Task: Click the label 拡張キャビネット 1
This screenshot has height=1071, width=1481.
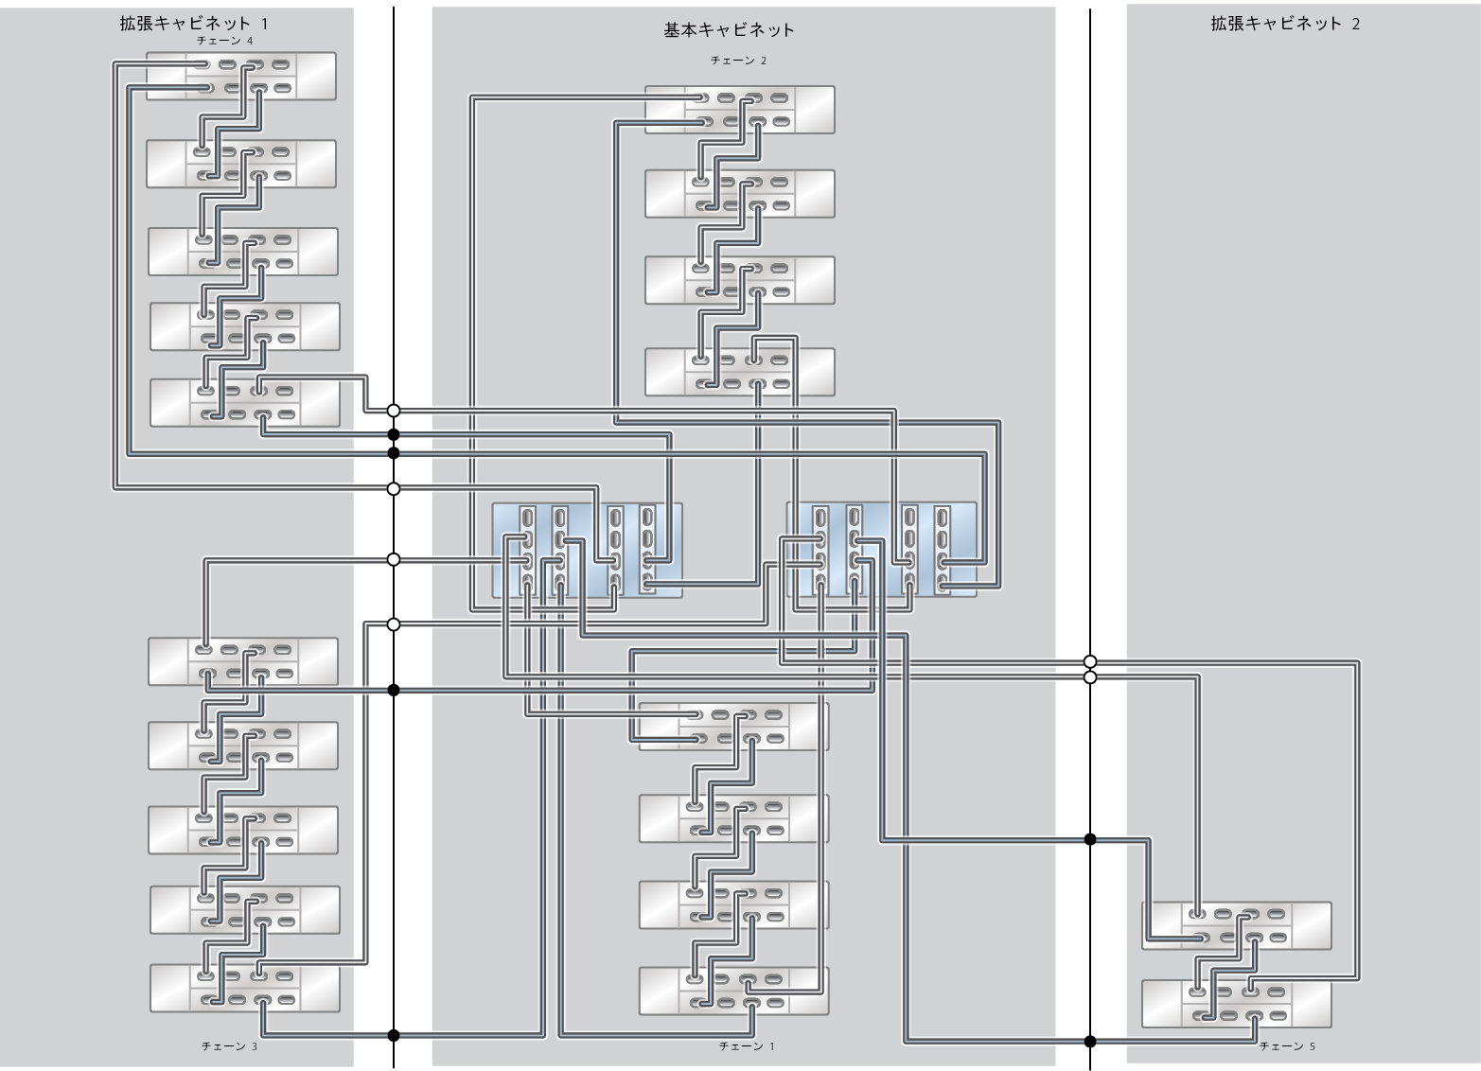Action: point(187,24)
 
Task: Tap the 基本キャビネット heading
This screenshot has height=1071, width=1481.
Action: point(729,30)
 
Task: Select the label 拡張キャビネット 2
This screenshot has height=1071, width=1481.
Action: point(1285,24)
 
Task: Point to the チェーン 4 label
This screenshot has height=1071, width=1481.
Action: point(224,42)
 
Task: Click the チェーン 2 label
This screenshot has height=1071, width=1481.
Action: point(738,61)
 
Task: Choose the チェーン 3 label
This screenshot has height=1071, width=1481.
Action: point(229,1046)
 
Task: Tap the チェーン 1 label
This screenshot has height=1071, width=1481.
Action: point(747,1046)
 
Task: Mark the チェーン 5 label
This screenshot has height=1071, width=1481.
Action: point(1287,1046)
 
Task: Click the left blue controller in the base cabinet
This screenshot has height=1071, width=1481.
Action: point(587,551)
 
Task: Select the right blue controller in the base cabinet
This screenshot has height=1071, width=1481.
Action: point(881,551)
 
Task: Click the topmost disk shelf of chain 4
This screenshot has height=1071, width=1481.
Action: point(241,77)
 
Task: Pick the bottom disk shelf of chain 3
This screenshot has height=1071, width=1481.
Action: point(244,987)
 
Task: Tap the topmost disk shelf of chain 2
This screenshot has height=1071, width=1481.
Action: point(740,110)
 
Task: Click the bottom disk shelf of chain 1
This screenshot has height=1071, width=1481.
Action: point(733,991)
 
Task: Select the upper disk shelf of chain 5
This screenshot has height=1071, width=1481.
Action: point(1236,926)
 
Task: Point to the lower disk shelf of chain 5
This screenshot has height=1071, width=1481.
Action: point(1236,1004)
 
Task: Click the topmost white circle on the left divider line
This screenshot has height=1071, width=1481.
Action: point(394,411)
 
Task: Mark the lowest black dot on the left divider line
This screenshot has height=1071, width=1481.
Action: point(394,1035)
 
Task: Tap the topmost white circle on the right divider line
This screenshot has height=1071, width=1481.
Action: point(1090,661)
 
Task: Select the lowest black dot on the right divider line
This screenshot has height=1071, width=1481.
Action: point(1090,1042)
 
